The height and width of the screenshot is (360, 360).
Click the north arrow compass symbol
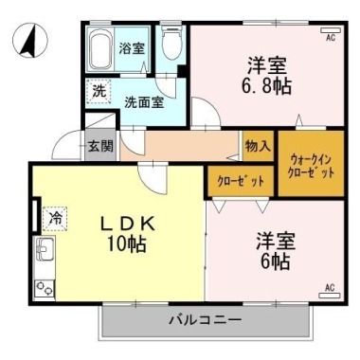(31, 41)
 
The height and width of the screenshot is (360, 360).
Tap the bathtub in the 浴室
(101, 48)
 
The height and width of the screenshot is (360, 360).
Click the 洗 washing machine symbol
(99, 91)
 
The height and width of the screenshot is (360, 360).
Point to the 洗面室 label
(144, 102)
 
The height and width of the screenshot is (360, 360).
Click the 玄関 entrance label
(100, 146)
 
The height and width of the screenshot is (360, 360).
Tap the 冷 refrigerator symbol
(55, 218)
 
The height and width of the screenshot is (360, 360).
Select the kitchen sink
(45, 249)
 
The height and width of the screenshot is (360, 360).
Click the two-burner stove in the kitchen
(45, 288)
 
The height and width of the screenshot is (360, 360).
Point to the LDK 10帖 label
(128, 234)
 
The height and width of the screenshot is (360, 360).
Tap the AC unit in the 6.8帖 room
(331, 31)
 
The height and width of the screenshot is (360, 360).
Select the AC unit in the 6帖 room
(330, 296)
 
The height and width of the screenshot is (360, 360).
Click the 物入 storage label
(259, 146)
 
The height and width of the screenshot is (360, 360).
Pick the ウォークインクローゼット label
(311, 167)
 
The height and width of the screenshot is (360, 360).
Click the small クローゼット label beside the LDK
(241, 181)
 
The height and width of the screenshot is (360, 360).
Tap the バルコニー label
(206, 320)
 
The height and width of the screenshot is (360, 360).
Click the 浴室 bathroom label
(132, 48)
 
